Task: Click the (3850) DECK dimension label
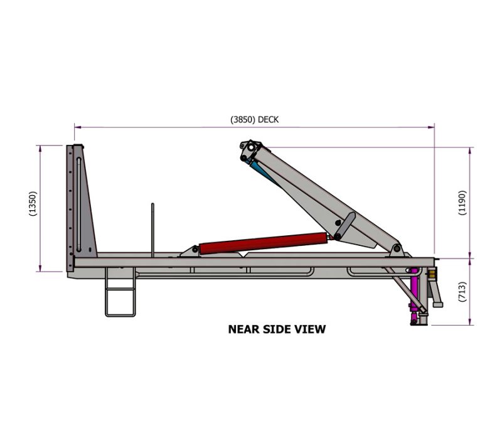[254, 119]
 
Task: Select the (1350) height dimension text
[33, 204]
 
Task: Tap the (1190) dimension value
[462, 202]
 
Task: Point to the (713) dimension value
[462, 292]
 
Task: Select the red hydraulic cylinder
[260, 243]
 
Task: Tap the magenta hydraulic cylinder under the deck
[414, 295]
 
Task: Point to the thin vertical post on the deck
[152, 229]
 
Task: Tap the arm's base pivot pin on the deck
[396, 249]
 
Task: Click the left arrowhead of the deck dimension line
[77, 126]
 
